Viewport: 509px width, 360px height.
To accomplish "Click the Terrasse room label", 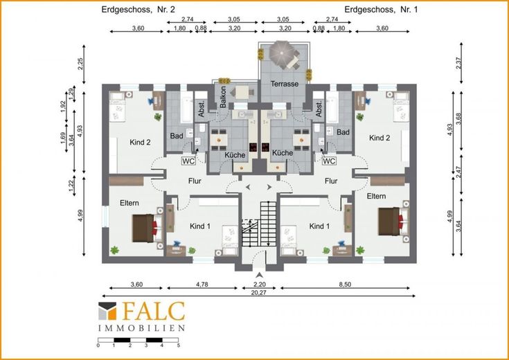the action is tap(285, 84).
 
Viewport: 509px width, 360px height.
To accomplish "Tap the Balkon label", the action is tap(223, 97).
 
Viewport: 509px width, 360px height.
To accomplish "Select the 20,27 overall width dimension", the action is tap(259, 292).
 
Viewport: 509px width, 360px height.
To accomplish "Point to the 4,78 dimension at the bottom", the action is tap(202, 285).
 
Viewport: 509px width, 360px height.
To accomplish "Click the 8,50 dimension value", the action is tap(345, 285).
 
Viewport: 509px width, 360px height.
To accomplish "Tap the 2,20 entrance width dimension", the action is tap(259, 285).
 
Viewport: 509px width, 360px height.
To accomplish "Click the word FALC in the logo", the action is tap(152, 311).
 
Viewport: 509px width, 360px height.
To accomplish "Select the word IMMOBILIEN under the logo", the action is tap(141, 328).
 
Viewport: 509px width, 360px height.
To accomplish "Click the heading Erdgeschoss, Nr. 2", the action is tap(139, 10).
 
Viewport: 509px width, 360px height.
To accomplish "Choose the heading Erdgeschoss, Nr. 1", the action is tap(381, 10).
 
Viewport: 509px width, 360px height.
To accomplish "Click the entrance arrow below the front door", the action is tap(259, 276).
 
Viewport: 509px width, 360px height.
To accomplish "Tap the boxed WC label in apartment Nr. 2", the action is tap(188, 161).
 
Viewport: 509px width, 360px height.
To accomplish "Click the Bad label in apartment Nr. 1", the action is tap(343, 132).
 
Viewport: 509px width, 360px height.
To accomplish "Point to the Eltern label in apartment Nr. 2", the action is tap(130, 203).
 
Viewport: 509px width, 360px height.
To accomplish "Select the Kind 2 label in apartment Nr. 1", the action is tap(379, 138).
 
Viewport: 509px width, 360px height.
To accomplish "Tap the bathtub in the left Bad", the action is tap(187, 107).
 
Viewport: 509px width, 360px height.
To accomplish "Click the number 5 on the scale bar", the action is tap(178, 345).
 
